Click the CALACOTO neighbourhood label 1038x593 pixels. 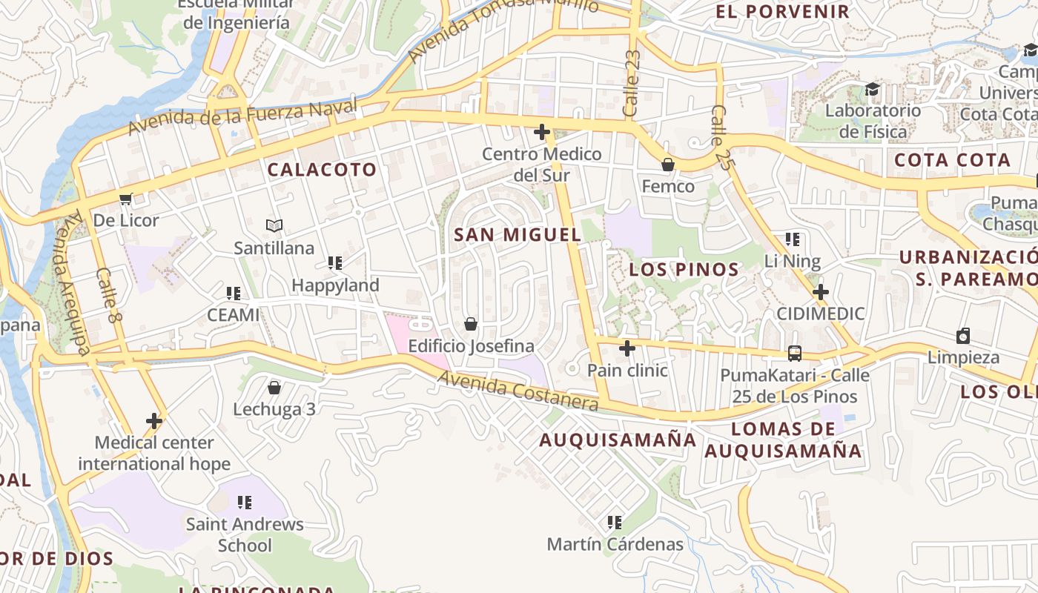322,170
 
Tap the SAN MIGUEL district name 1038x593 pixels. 518,235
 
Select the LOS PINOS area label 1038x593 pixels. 684,270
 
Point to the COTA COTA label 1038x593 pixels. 952,160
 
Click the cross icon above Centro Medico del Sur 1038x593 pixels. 542,133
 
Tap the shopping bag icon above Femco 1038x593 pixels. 668,165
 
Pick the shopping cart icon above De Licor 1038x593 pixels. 125,199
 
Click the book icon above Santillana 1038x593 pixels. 274,225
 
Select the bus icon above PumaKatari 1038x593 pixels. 795,353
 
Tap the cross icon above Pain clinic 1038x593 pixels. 627,348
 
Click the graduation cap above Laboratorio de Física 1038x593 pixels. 873,90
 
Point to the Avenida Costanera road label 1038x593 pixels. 518,391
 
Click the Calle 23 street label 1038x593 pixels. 632,83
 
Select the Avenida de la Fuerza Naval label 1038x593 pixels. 242,117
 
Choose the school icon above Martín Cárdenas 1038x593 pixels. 615,523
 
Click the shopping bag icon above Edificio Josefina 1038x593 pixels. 470,324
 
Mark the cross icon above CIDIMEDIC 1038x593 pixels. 820,292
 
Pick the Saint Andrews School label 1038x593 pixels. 245,534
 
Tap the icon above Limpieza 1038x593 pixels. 963,336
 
